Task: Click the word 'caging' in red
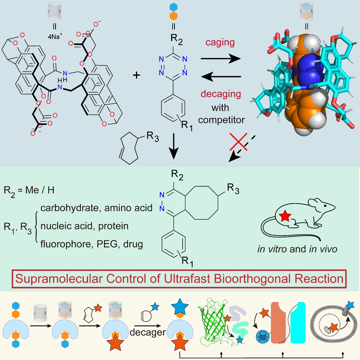pos(220,42)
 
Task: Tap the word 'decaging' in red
pos(221,94)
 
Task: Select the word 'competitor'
pos(221,120)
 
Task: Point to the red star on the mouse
pos(285,216)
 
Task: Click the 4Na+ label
pos(55,37)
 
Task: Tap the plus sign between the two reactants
pos(137,75)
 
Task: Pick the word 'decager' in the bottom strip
pos(147,332)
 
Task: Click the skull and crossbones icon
pos(263,336)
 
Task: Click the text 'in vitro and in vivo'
pos(297,249)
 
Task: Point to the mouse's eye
pos(325,206)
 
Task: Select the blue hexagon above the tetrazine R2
pos(173,7)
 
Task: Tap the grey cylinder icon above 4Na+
pos(55,12)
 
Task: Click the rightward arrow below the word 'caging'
pos(221,59)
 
